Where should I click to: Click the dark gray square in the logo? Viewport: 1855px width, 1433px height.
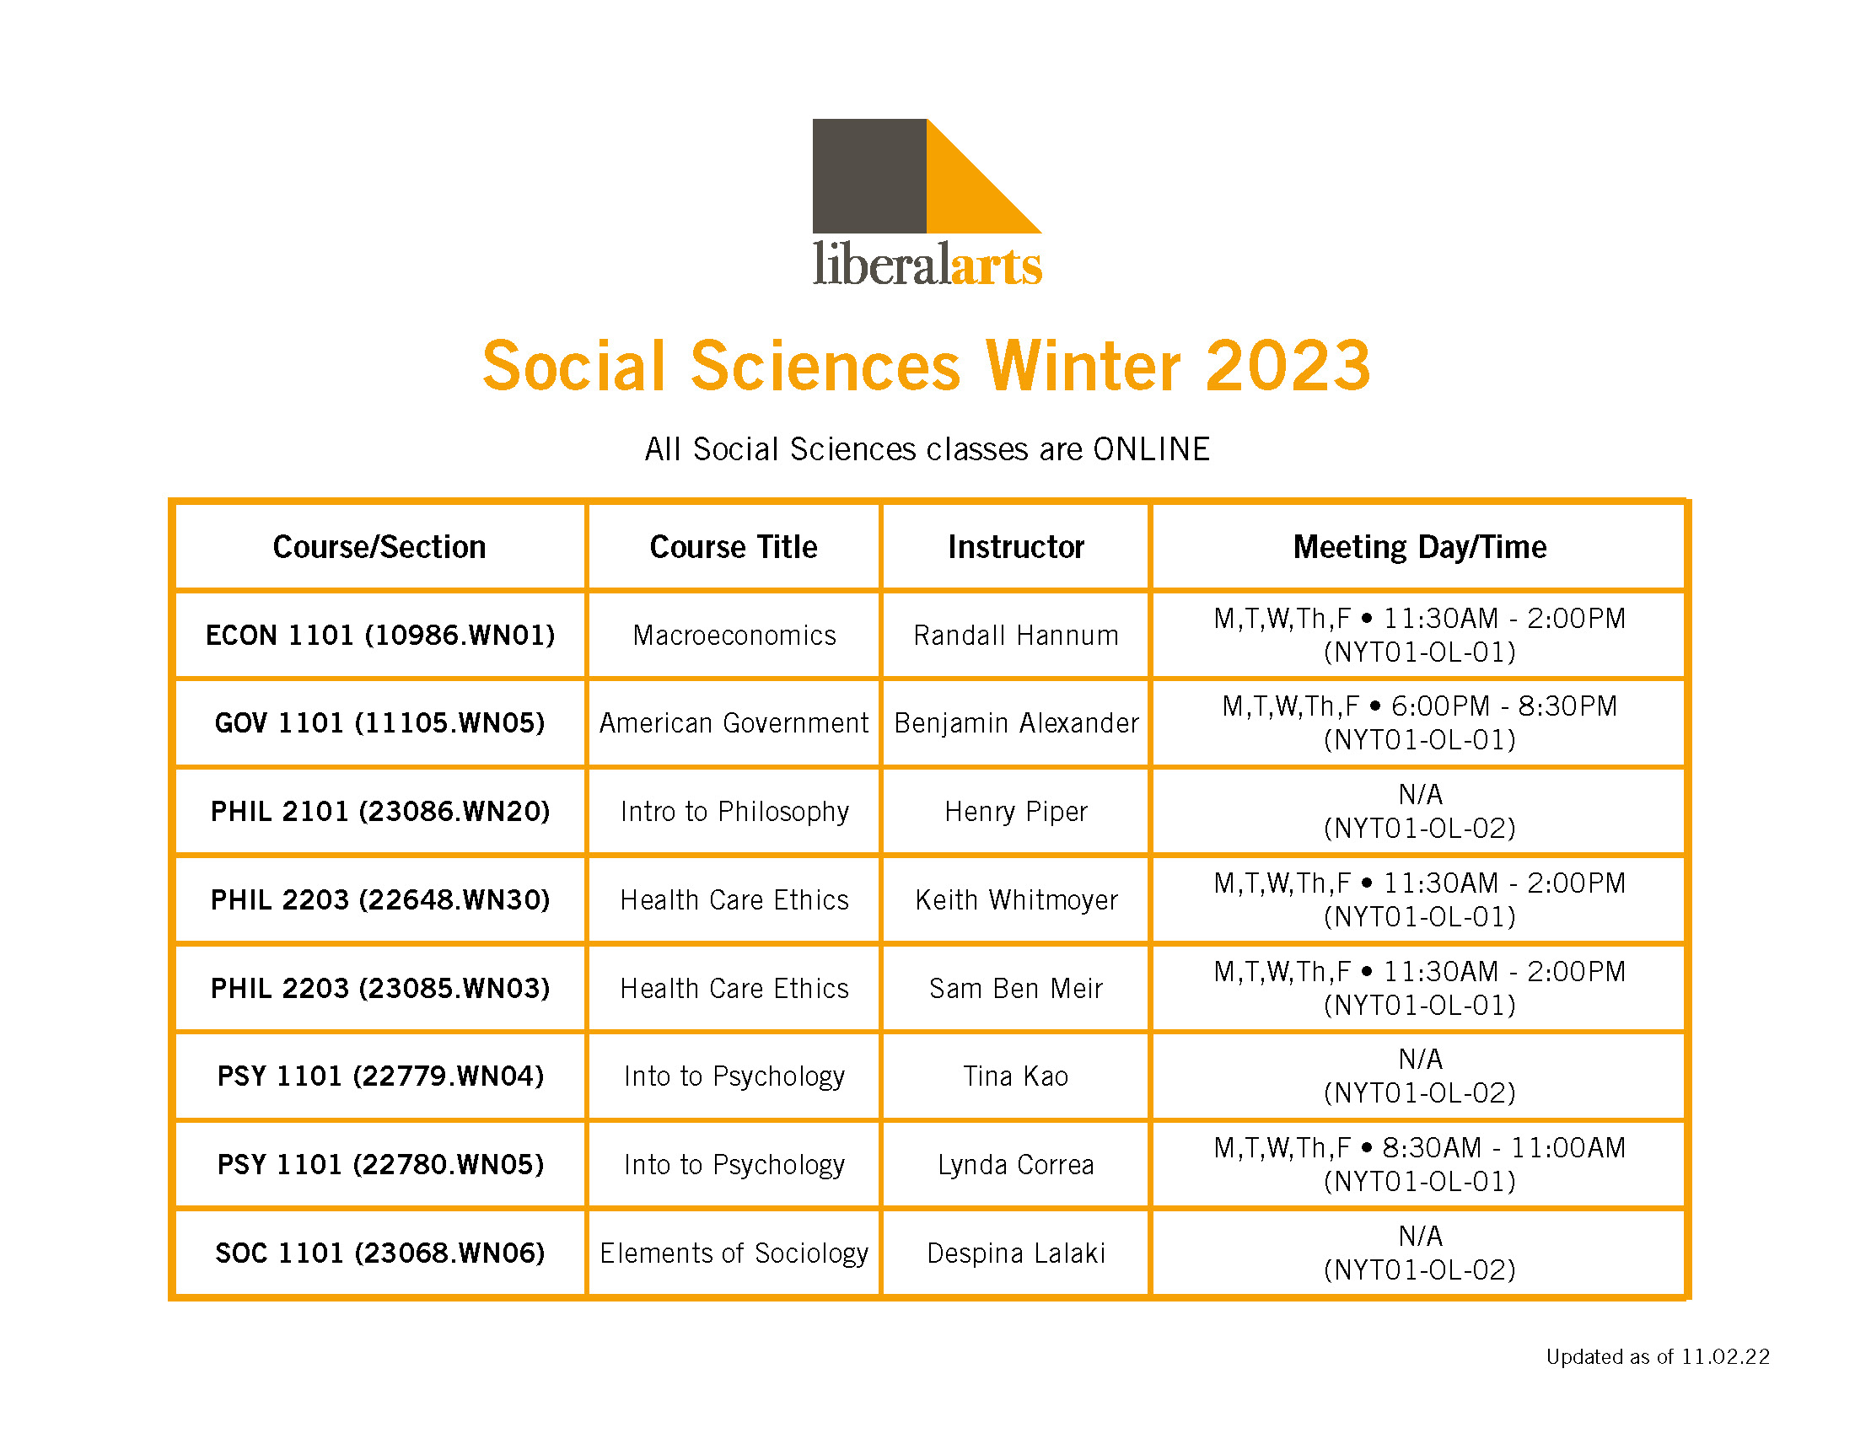point(868,175)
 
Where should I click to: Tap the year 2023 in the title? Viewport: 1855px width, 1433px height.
point(1288,366)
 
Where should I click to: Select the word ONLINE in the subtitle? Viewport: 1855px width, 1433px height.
point(1151,449)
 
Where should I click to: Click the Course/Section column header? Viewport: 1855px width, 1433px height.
point(379,547)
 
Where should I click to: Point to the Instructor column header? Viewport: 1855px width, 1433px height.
point(1016,547)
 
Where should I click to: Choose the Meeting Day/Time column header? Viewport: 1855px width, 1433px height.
point(1419,547)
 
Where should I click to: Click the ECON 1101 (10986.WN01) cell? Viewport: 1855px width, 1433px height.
point(379,635)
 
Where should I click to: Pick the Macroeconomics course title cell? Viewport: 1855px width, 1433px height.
point(734,635)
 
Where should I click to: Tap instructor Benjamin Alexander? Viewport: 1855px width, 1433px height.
point(1016,722)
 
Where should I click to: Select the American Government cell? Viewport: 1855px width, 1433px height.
point(734,722)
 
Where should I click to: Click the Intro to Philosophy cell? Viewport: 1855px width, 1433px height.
point(734,812)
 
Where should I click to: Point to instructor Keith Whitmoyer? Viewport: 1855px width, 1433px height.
point(1016,900)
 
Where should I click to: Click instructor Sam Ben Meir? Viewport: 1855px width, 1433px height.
point(1016,988)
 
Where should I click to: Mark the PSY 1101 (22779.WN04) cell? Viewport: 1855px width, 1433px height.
point(379,1076)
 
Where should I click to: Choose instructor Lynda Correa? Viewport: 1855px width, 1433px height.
point(1016,1165)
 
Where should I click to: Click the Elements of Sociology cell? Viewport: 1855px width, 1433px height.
point(734,1253)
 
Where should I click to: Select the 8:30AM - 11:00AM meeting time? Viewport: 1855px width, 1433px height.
point(1503,1148)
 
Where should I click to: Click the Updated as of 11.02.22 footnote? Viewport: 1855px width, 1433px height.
point(1657,1356)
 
